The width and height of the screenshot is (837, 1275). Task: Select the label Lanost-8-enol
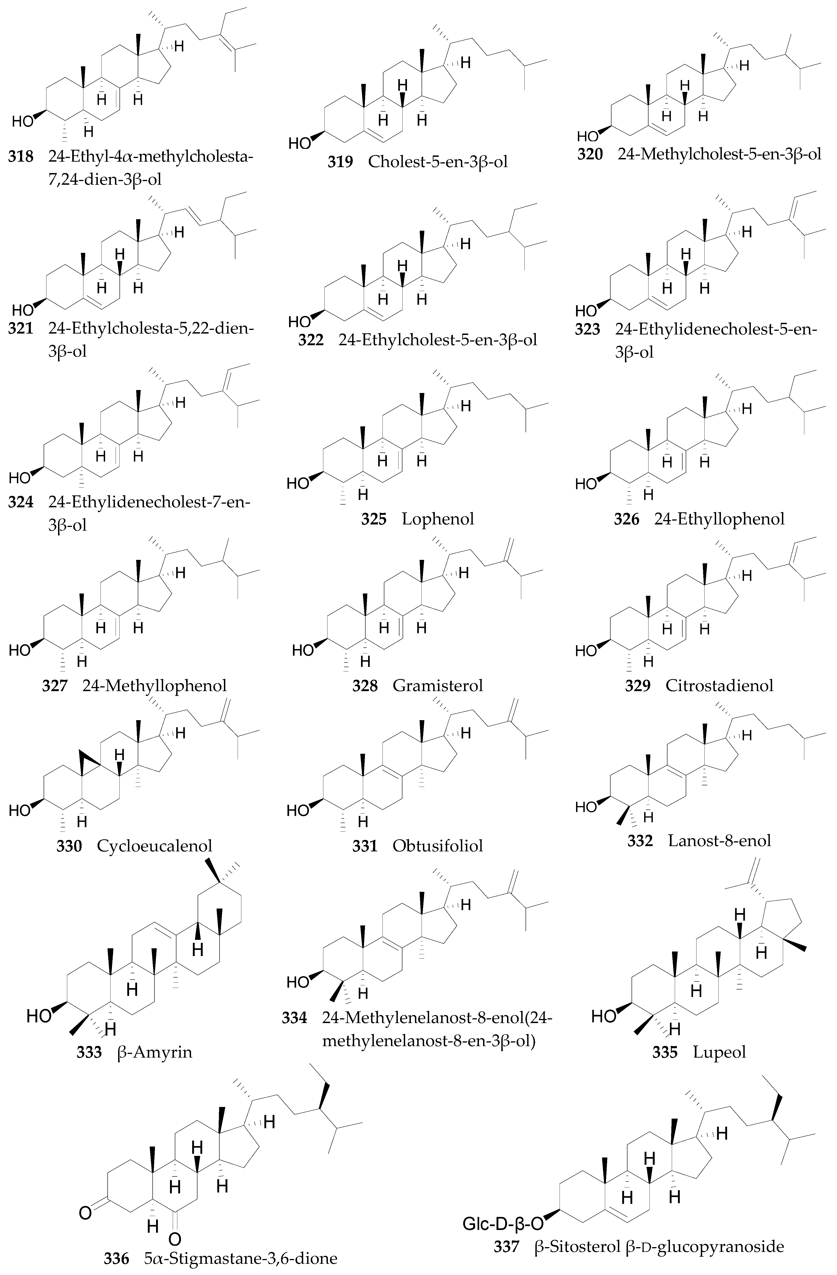pos(719,840)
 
